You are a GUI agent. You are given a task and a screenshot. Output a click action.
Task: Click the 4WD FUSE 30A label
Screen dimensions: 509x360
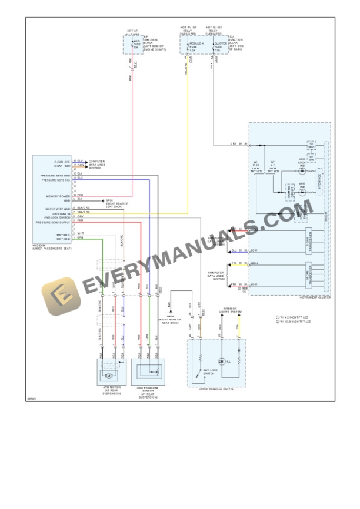tap(136, 44)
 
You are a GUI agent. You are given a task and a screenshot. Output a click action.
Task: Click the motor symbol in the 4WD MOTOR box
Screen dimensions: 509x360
tap(108, 375)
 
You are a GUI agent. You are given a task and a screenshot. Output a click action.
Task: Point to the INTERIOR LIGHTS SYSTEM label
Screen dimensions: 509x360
tap(228, 310)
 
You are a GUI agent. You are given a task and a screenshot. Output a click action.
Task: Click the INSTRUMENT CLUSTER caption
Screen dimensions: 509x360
tap(314, 297)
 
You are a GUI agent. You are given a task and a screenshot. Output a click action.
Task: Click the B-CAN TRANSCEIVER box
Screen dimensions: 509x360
tap(309, 240)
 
